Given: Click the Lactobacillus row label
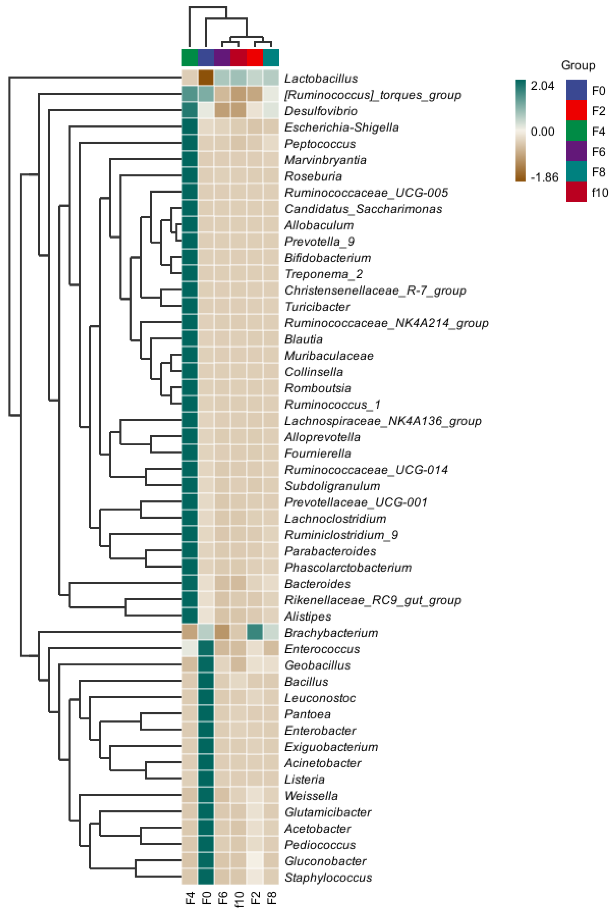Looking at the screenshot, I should (x=321, y=78).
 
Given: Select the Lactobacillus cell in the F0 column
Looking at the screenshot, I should (x=206, y=78).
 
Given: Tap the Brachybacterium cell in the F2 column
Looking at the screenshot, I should (x=255, y=633).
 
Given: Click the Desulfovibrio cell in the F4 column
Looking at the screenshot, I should (x=190, y=111).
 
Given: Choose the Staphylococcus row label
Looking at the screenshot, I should (x=328, y=877).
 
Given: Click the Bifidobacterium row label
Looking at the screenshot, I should (x=327, y=258).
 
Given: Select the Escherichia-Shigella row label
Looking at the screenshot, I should (x=342, y=128).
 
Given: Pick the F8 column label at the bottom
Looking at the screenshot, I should (x=271, y=898).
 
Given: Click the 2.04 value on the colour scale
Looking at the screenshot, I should (x=542, y=85).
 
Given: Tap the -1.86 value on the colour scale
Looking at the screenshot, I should (x=544, y=177).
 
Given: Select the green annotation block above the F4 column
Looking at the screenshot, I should (x=190, y=58).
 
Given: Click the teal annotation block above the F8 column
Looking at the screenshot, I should (x=271, y=58).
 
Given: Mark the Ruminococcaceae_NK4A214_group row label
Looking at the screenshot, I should (x=386, y=323).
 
